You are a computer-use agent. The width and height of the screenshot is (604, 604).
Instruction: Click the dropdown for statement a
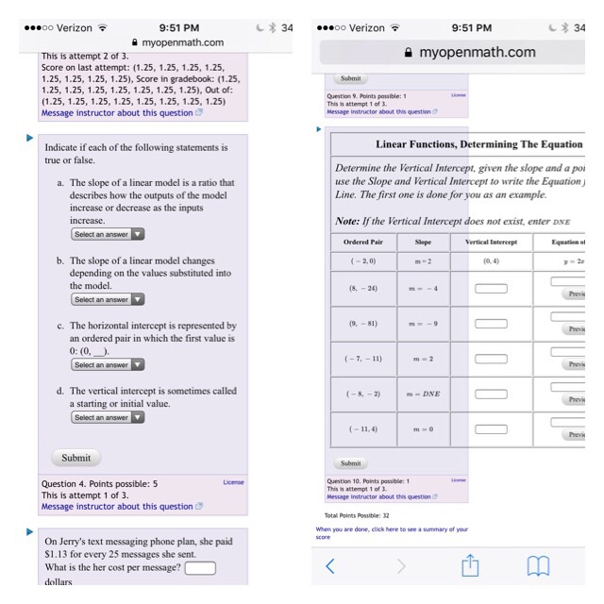pyautogui.click(x=108, y=234)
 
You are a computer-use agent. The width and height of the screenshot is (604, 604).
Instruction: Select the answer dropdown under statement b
pyautogui.click(x=108, y=299)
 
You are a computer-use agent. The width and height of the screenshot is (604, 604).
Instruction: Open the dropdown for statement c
pyautogui.click(x=108, y=364)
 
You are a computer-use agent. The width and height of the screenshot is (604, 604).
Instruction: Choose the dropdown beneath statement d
pyautogui.click(x=108, y=417)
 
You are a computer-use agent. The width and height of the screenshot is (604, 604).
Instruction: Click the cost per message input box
pyautogui.click(x=200, y=568)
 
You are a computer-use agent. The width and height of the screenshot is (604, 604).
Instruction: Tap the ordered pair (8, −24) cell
pyautogui.click(x=363, y=288)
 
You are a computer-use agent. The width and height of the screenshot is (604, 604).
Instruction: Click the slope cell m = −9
pyautogui.click(x=423, y=323)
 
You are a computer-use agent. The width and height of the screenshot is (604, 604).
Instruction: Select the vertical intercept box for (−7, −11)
pyautogui.click(x=491, y=358)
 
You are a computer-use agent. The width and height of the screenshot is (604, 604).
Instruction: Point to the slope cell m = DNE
pyautogui.click(x=423, y=393)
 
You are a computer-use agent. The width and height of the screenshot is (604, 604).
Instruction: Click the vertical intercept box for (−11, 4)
pyautogui.click(x=491, y=428)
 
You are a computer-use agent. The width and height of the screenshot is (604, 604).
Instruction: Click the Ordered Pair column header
pyautogui.click(x=363, y=242)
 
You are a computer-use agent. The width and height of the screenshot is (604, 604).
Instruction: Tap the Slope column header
pyautogui.click(x=423, y=242)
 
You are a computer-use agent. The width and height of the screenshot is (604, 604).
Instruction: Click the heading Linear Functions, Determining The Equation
pyautogui.click(x=478, y=144)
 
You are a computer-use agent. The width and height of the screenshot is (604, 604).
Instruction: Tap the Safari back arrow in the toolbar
pyautogui.click(x=330, y=566)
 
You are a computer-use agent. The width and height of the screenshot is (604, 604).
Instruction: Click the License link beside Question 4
pyautogui.click(x=233, y=482)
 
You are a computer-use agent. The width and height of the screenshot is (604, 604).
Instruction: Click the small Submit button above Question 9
pyautogui.click(x=350, y=79)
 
